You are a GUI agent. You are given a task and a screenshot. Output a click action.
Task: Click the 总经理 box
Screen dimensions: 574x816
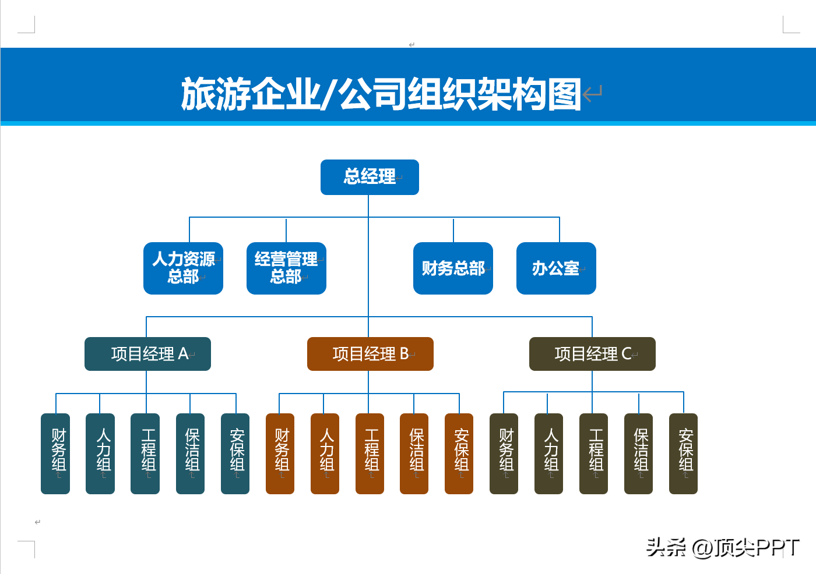pos(370,177)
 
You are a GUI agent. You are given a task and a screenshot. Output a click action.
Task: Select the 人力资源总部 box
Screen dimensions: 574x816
pos(183,268)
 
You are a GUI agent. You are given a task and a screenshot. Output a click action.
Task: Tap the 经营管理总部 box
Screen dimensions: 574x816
pos(286,268)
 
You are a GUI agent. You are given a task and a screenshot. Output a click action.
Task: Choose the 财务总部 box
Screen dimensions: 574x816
pos(453,268)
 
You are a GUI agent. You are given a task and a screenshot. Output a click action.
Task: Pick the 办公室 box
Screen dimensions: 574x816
pos(556,268)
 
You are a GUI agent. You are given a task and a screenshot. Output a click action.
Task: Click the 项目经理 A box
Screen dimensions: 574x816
pos(147,354)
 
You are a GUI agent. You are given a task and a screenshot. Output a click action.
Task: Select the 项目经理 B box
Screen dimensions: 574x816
pos(370,354)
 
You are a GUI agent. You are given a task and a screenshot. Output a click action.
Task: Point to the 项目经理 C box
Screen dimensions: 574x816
pos(592,354)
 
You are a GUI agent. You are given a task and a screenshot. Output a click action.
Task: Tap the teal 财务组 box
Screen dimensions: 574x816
pos(55,453)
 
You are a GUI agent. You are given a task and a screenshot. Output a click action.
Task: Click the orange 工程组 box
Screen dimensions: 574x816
pos(370,453)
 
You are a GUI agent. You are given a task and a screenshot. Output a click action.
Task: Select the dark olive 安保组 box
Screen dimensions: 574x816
pos(683,453)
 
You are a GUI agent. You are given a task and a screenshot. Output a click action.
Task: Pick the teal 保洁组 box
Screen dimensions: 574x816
pos(190,453)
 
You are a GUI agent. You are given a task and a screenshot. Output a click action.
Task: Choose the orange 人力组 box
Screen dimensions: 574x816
pos(325,453)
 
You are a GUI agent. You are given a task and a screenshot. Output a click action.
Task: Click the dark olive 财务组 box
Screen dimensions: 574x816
pos(504,453)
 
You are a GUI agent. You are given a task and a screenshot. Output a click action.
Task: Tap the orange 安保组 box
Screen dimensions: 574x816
pos(459,453)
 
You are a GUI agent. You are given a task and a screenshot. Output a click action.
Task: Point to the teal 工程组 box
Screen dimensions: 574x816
pos(145,453)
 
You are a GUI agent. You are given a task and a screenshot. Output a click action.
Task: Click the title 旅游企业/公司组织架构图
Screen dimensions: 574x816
pos(381,93)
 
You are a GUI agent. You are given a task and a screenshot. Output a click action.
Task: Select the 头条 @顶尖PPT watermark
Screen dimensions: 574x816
pos(722,547)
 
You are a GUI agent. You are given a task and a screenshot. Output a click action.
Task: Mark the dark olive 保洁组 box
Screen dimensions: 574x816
pos(638,453)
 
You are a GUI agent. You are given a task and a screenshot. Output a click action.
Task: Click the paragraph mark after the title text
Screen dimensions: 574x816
pos(592,93)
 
